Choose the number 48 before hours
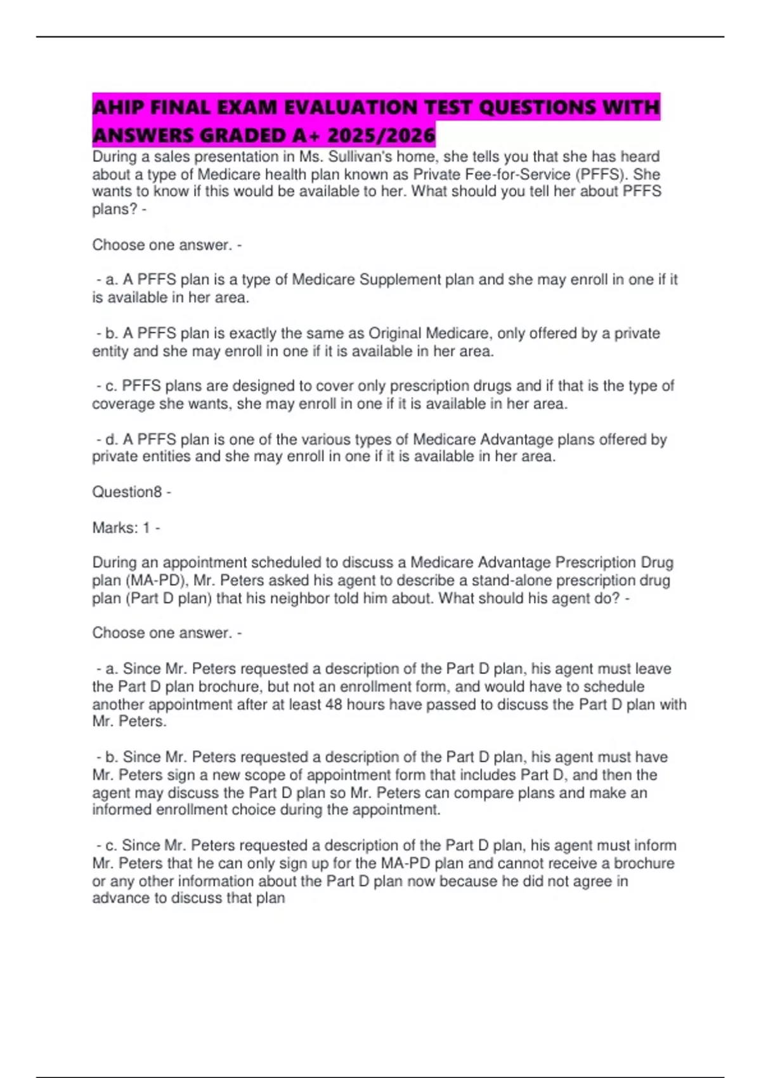point(334,705)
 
